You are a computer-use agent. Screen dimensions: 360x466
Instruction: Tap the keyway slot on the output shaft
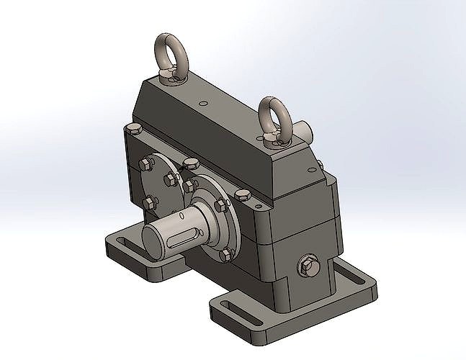[175, 236]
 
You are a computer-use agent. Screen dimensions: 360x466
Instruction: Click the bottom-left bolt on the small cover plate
[150, 203]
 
